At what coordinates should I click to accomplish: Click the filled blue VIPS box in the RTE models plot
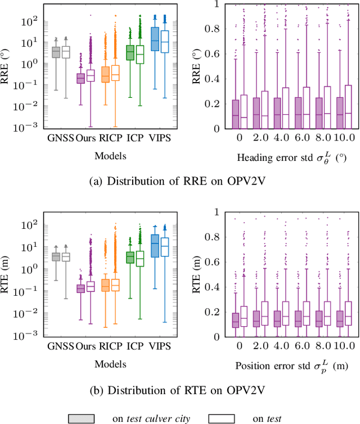pyautogui.click(x=155, y=246)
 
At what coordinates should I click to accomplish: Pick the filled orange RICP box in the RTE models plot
pyautogui.click(x=105, y=285)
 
